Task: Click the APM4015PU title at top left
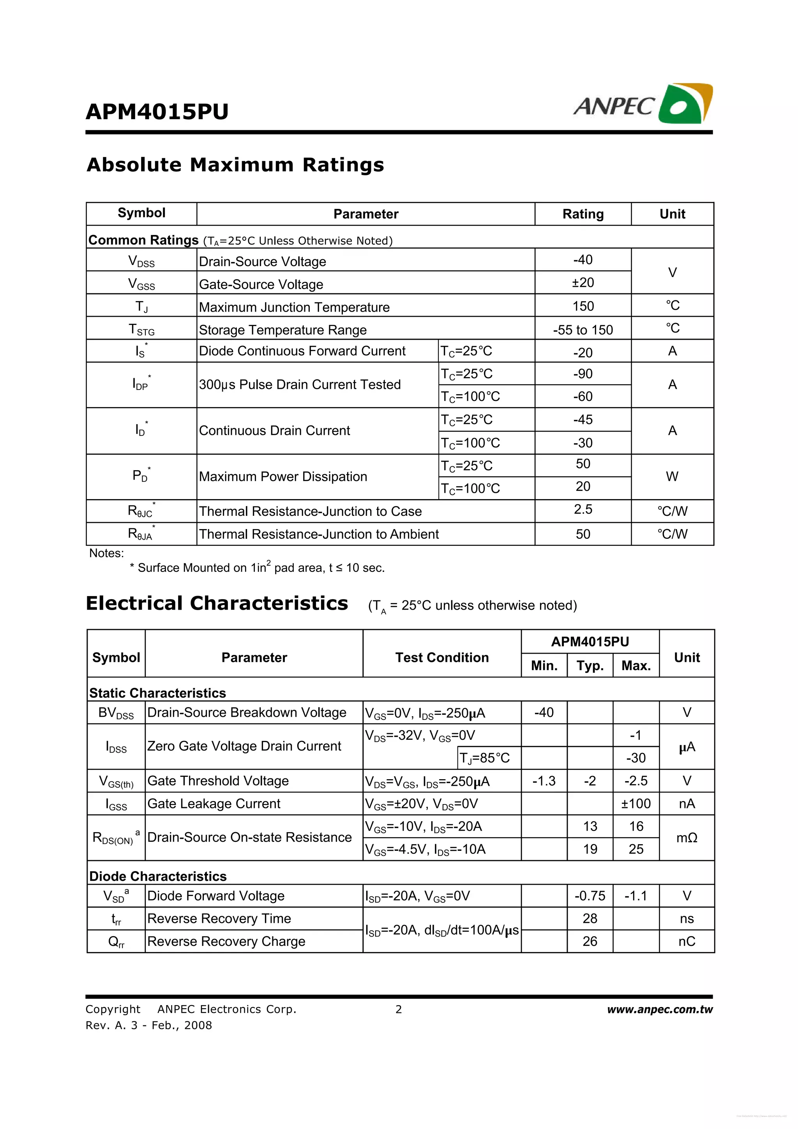click(157, 112)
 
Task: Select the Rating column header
click(583, 214)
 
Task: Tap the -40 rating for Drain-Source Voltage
click(583, 259)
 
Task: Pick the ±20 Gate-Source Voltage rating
click(583, 283)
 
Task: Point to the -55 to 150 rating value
click(583, 330)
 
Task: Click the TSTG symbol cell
click(141, 329)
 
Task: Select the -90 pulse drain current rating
click(583, 374)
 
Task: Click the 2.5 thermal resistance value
click(583, 510)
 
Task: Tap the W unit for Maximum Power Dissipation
click(672, 476)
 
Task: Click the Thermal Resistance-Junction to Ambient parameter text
click(319, 534)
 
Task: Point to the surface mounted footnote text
click(257, 568)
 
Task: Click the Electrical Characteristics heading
click(217, 603)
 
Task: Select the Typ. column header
click(590, 666)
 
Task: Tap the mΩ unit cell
click(687, 838)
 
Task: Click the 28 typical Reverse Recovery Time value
click(590, 919)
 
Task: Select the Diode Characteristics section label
click(158, 876)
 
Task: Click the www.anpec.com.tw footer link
click(659, 1009)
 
